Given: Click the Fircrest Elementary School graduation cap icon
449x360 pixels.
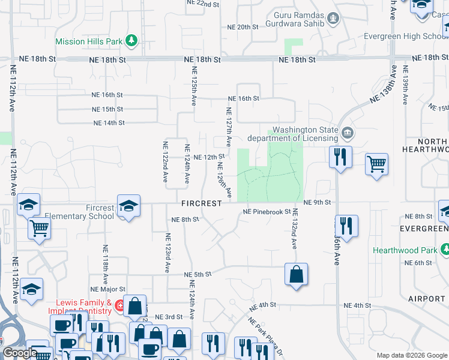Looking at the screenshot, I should tap(128, 206).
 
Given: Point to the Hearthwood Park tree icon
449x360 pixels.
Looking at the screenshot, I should tap(445, 249).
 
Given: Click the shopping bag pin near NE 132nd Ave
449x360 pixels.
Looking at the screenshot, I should tap(297, 275).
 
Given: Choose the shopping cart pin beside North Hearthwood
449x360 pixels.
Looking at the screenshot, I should tap(376, 163).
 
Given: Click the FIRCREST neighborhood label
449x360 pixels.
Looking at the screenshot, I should tap(202, 203).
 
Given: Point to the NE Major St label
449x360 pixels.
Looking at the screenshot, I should tap(107, 289).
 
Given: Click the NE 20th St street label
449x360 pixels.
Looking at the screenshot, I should tap(243, 27).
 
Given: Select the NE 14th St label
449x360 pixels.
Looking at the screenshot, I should tap(109, 123).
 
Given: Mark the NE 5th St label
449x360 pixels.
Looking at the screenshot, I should tap(198, 274).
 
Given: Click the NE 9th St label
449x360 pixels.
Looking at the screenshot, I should tap(317, 203).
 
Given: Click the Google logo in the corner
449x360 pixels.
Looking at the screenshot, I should tap(20, 353).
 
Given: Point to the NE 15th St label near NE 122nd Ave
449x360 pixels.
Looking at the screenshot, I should tap(107, 109).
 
